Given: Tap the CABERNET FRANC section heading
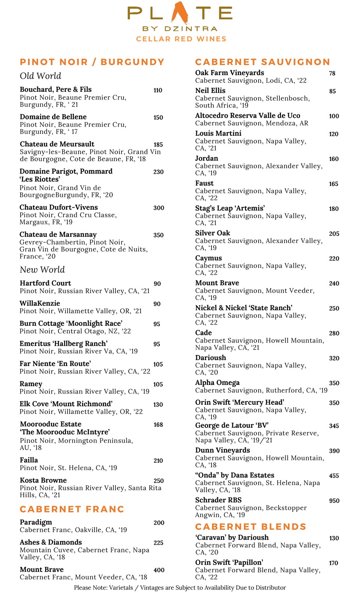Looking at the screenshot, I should pos(72,509).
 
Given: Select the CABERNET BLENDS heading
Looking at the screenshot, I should pos(251,527).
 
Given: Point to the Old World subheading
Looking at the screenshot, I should pos(40,76).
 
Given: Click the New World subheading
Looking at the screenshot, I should pos(42,269).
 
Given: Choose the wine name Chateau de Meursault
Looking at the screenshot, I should pos(57,144).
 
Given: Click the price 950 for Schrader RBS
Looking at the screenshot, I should pos(334,500).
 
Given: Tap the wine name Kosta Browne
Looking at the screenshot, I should pos(43,480).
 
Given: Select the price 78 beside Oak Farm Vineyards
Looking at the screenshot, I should pos(332,73).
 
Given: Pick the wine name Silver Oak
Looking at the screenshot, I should pos(213,233).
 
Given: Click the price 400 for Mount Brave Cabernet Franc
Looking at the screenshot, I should pos(159,570).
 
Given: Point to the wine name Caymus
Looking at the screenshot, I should pos(208,258).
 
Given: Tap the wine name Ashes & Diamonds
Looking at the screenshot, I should pos(51,542).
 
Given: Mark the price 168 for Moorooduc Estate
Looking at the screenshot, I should pos(158,425).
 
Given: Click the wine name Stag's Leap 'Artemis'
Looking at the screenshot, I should pos(230,208).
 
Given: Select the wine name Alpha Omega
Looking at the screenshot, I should pos(217,382).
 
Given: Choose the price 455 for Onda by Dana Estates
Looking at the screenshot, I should pos(334,476).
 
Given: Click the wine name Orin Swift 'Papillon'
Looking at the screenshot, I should pos(229,562).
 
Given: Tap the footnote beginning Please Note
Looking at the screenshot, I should pos(180,588).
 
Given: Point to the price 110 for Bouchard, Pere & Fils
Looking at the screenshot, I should pos(158,90).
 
